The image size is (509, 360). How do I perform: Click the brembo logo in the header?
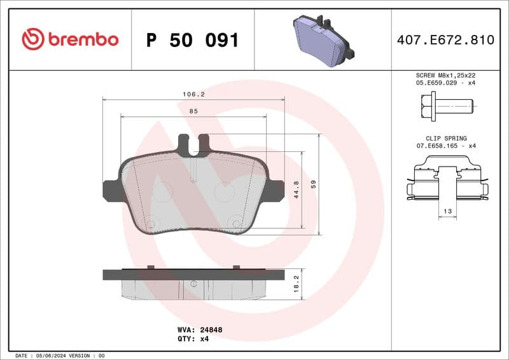[x=70, y=39]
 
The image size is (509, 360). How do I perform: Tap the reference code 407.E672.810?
[x=445, y=40]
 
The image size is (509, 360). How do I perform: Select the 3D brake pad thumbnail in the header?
[x=323, y=40]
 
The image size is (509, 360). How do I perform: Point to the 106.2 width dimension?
[x=193, y=93]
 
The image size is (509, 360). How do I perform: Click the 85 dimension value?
[x=193, y=111]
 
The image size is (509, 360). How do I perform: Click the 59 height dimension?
[x=313, y=184]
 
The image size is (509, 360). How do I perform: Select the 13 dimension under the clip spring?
[x=447, y=211]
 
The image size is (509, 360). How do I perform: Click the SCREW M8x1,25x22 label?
[x=446, y=75]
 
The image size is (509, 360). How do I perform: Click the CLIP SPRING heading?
[x=446, y=138]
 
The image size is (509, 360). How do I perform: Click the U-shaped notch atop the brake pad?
[x=193, y=145]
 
